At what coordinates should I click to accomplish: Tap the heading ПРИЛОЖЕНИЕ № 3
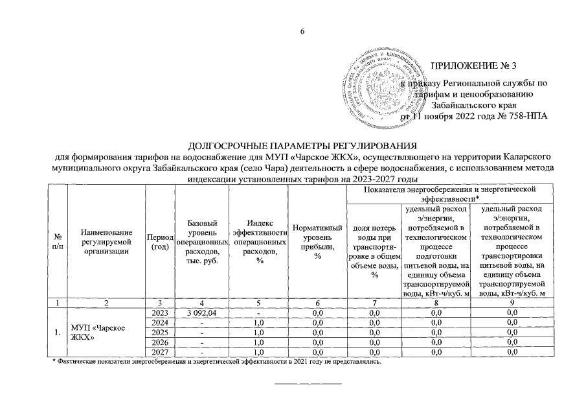coord(474,66)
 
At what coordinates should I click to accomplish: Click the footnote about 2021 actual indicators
coord(217,361)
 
